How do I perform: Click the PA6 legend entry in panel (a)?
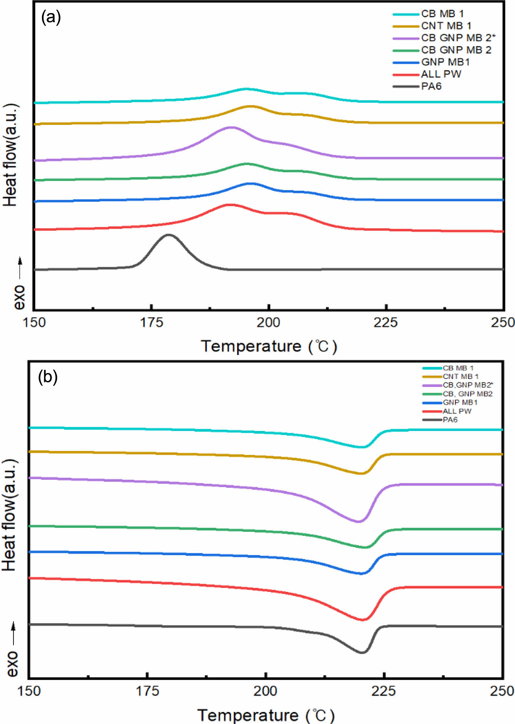tap(431, 86)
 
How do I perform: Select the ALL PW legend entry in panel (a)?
tap(441, 74)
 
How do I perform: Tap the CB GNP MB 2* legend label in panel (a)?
tap(458, 38)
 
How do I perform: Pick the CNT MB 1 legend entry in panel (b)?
tap(460, 377)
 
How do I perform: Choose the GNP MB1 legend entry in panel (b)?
tap(460, 402)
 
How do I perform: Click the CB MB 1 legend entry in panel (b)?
tap(458, 368)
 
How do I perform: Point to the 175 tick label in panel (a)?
tap(151, 322)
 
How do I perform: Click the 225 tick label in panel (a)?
tap(385, 322)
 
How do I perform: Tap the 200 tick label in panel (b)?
tap(265, 691)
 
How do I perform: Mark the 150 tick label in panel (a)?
tap(34, 322)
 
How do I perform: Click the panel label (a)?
tap(51, 17)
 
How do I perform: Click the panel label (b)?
tap(48, 377)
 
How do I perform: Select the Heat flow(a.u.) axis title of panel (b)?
tap(10, 515)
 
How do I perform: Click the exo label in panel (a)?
tap(19, 297)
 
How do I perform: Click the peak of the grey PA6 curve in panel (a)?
tap(168, 235)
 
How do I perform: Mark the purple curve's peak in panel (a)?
tap(231, 127)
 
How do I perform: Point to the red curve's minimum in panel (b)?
tap(362, 619)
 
